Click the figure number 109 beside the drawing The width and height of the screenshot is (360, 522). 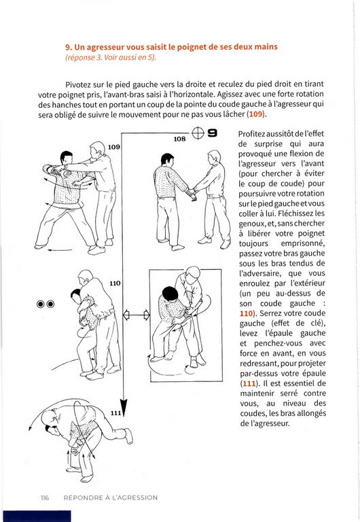click(x=114, y=147)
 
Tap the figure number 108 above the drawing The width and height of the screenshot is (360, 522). click(x=179, y=139)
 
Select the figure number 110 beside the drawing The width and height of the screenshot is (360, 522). click(x=115, y=283)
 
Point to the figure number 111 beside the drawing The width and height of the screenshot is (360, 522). click(x=115, y=413)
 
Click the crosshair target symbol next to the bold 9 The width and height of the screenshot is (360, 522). click(x=198, y=133)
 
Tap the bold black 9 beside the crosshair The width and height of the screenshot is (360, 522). click(x=213, y=133)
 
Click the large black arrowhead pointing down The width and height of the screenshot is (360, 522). click(x=124, y=407)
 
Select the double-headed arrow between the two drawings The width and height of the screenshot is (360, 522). click(x=137, y=315)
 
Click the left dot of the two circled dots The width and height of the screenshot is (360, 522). click(x=40, y=304)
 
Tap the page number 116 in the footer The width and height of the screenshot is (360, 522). click(x=45, y=498)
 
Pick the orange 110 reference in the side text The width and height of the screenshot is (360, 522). click(x=246, y=313)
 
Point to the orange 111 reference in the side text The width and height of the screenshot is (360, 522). click(x=249, y=383)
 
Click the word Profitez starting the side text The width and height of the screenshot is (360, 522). click(x=251, y=134)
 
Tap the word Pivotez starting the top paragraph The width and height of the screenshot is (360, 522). click(x=78, y=84)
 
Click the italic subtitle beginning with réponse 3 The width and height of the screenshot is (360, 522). click(x=111, y=57)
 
